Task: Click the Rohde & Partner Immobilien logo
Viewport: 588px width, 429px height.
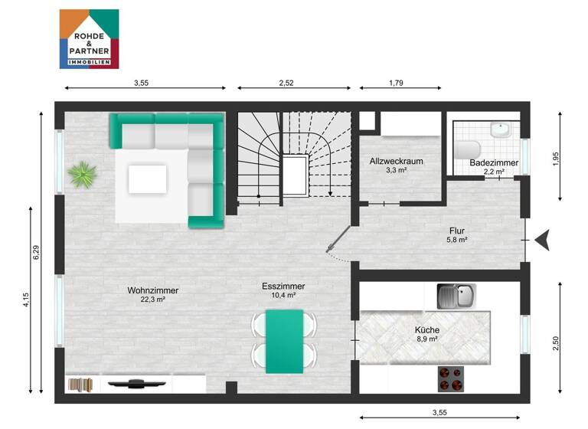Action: pos(89,39)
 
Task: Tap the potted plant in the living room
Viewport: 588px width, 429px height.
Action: pos(82,174)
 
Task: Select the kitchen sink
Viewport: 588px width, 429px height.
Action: pos(456,296)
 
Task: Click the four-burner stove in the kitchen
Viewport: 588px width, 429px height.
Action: pos(451,378)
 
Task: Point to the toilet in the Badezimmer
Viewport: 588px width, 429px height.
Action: pos(468,148)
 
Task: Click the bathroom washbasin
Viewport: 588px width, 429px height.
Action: pos(501,129)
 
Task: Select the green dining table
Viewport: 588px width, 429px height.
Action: pos(284,341)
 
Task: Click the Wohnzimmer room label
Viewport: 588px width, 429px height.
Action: pos(153,290)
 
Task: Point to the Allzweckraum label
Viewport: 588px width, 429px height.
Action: pos(396,162)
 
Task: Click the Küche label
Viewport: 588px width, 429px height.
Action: pos(427,329)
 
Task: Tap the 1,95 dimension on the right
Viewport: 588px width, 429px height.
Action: pos(557,159)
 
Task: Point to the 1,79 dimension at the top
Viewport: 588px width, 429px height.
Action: pos(395,82)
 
